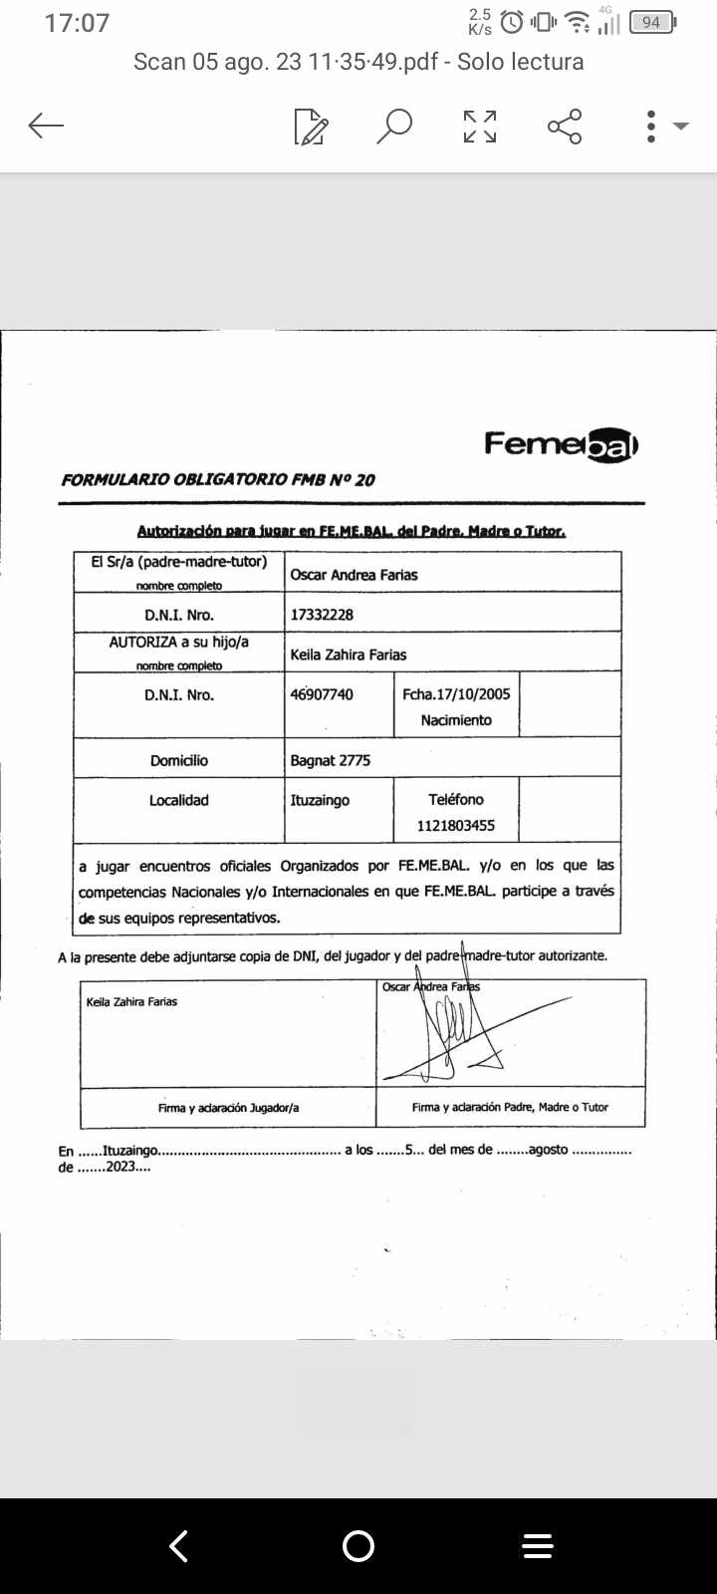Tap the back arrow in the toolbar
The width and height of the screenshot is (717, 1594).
click(46, 126)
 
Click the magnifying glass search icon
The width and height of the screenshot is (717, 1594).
click(394, 127)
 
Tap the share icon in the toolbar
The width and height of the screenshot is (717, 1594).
click(565, 127)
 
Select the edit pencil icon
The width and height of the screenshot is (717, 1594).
click(311, 128)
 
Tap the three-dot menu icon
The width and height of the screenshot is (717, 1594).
click(651, 127)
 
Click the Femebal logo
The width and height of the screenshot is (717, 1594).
click(561, 444)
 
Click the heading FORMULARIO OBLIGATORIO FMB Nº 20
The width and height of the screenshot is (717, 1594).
click(218, 479)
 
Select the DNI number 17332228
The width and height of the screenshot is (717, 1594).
click(322, 615)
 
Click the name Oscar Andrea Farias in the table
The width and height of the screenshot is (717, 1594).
click(354, 575)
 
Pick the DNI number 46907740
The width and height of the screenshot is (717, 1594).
click(322, 694)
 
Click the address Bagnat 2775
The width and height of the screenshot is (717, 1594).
click(330, 760)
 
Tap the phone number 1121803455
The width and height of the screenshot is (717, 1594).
click(456, 826)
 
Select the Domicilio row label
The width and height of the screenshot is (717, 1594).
click(179, 760)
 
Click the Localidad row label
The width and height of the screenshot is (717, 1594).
click(179, 800)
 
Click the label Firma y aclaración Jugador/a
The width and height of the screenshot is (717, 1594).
click(228, 1107)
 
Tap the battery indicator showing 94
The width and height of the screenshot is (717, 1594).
click(652, 22)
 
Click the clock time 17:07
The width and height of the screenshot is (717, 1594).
click(77, 23)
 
